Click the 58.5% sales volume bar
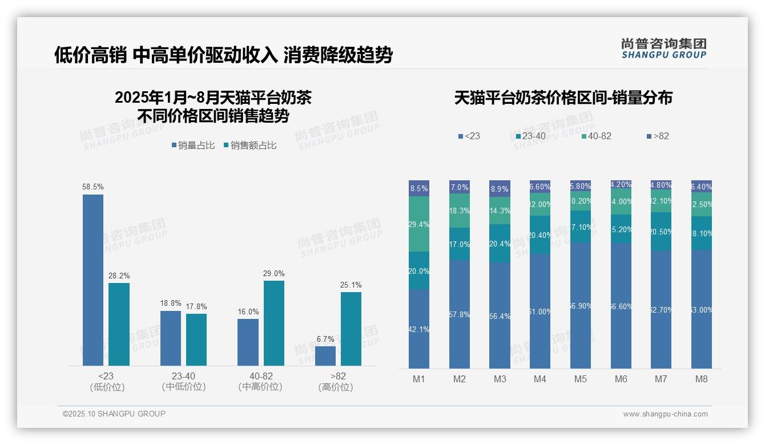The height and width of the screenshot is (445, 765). click(93, 280)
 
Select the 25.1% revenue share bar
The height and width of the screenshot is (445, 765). click(351, 329)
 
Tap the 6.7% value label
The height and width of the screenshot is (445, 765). click(325, 339)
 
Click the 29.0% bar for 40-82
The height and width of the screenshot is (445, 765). click(274, 323)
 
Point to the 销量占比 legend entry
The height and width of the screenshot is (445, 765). click(193, 145)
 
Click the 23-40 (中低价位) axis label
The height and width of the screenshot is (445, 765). click(183, 381)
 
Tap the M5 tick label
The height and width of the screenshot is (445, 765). click(581, 379)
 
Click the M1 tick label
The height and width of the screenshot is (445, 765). click(419, 379)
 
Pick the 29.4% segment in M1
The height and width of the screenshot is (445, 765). click(419, 224)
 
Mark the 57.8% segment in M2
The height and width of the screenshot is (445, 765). click(460, 314)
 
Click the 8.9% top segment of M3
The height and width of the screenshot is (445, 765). click(500, 188)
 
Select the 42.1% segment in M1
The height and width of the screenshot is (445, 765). click(419, 329)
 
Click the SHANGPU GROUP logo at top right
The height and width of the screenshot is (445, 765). click(664, 48)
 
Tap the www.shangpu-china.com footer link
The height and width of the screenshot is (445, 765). click(665, 414)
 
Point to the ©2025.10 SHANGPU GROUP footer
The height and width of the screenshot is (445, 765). click(114, 414)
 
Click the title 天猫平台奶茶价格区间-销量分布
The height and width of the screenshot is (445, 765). click(563, 98)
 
